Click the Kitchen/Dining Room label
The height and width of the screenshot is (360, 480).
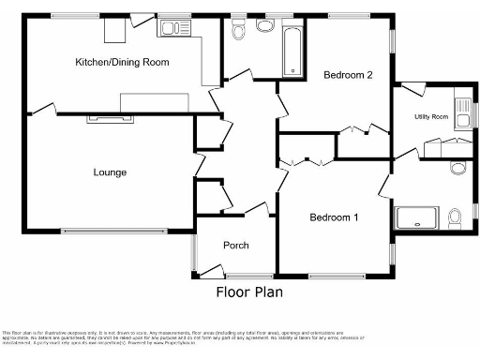point(122,62)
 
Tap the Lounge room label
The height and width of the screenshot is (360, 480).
point(110,172)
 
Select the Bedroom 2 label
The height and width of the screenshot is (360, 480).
point(348,74)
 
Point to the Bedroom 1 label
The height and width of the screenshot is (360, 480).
point(335,218)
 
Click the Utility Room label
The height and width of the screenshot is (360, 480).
point(431,116)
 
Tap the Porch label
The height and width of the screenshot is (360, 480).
point(235,246)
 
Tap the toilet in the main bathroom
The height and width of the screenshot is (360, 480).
point(239,30)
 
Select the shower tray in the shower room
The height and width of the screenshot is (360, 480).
point(416,218)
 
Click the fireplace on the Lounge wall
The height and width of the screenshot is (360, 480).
point(111,118)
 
